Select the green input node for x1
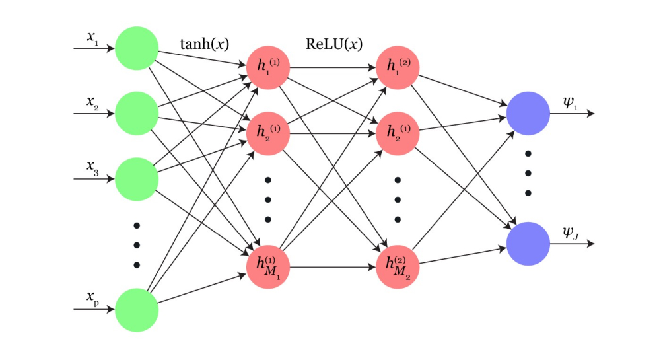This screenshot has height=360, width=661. click(x=137, y=48)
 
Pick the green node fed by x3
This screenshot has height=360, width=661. click(x=137, y=179)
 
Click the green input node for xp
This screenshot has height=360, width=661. click(x=137, y=309)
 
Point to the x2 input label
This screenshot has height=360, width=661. click(x=92, y=102)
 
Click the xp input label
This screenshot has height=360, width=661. click(x=92, y=298)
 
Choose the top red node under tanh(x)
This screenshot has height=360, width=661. click(x=267, y=67)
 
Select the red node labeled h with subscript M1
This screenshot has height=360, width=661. click(x=267, y=267)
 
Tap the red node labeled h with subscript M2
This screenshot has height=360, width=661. click(x=398, y=267)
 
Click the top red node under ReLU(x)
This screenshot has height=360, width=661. click(x=398, y=67)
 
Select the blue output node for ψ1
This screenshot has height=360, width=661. click(x=528, y=114)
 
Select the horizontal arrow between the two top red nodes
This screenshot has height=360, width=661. click(x=332, y=67)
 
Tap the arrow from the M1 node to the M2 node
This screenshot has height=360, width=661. click(x=332, y=267)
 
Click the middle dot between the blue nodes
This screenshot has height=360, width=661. click(x=528, y=174)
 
